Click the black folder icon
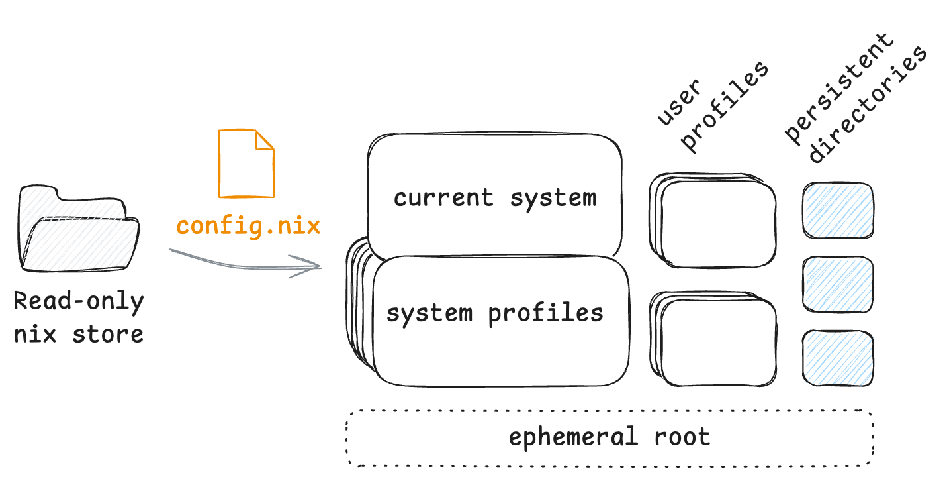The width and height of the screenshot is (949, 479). click(x=79, y=229)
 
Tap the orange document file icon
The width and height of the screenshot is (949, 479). click(x=246, y=164)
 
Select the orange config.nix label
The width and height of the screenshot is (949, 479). click(x=248, y=226)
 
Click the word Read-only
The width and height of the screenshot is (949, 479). click(x=79, y=301)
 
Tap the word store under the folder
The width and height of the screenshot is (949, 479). click(x=108, y=333)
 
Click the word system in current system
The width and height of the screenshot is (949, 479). click(x=553, y=197)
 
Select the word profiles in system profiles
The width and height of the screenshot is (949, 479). click(x=546, y=313)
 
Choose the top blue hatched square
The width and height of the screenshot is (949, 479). click(x=838, y=210)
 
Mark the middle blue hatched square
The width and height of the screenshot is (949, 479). click(x=838, y=284)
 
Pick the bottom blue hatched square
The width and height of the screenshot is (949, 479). click(x=838, y=358)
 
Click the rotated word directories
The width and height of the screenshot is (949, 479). click(x=868, y=106)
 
